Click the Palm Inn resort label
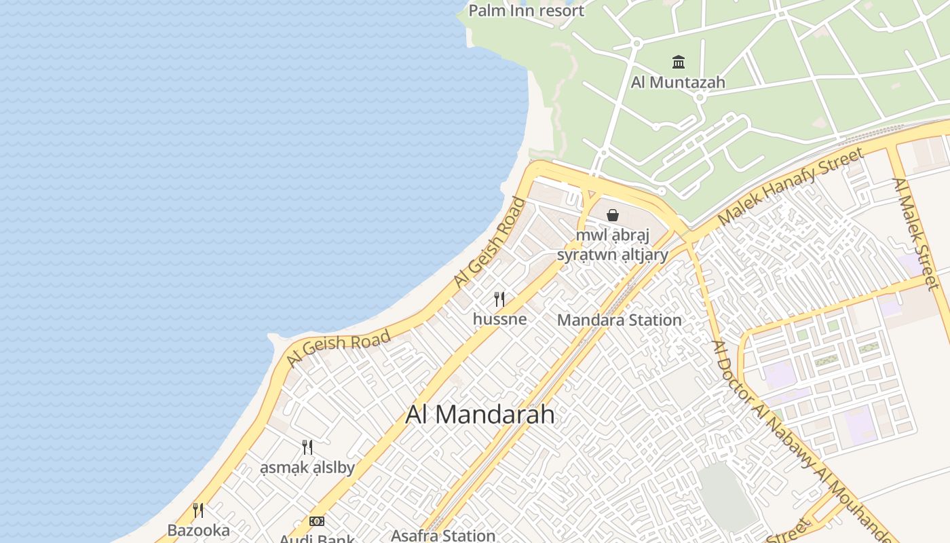pos(526,11)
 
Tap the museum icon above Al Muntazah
pos(678,62)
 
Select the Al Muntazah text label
pos(678,83)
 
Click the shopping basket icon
pos(613,215)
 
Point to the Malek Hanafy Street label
pos(791,186)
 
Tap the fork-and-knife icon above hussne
pos(499,299)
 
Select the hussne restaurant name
pos(499,319)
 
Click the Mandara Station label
pos(619,320)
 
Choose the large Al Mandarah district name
pos(480,415)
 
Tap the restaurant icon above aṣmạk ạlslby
pos(307,447)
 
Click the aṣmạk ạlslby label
pos(307,468)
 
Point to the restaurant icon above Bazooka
pos(198,510)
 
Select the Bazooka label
pos(198,531)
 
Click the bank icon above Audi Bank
pos(317,521)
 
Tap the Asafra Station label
pos(444,536)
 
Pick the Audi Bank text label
pos(317,539)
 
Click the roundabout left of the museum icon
pos(636,43)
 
